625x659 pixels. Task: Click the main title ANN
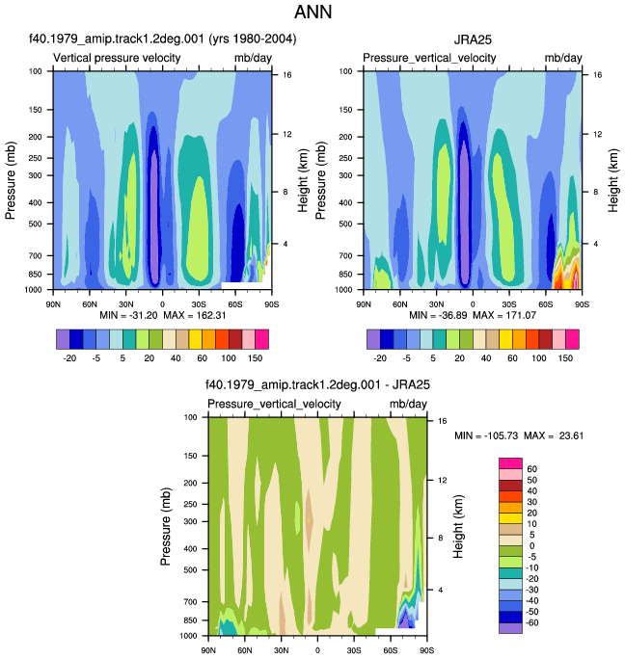312,12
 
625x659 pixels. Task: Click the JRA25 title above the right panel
473,40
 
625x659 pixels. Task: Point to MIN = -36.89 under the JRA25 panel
438,315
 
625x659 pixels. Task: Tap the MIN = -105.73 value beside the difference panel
486,435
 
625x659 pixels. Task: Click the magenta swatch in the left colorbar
261,339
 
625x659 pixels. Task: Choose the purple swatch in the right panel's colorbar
373,339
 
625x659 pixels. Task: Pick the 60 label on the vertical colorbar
532,469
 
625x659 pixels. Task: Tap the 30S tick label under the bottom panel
354,650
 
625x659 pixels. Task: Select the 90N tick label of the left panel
53,304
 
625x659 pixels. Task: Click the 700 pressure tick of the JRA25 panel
345,255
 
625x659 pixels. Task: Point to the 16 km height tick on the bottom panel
442,421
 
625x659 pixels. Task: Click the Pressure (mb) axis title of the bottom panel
166,527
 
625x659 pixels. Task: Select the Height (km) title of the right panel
613,180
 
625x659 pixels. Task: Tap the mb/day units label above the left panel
253,58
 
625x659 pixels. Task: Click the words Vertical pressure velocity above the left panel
117,58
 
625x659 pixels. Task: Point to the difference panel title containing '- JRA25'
317,384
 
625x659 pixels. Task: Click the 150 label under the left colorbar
255,358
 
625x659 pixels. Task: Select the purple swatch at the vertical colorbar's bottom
510,628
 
